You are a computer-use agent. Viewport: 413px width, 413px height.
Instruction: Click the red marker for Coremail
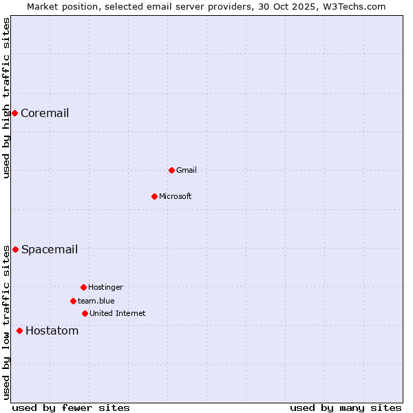click(14, 113)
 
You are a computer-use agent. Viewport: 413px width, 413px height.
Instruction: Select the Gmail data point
click(171, 170)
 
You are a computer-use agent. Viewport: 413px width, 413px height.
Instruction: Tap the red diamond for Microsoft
click(154, 196)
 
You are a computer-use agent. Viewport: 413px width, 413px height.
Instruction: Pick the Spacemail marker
click(15, 249)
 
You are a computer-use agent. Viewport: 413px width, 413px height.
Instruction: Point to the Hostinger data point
click(83, 287)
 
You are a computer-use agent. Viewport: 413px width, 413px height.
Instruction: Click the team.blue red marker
click(73, 301)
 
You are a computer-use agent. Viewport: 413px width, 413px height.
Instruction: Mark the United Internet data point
click(85, 313)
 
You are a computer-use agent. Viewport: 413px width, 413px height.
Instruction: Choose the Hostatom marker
click(19, 330)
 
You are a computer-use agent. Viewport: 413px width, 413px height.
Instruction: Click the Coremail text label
click(45, 113)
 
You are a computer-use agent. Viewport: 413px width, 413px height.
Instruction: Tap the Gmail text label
click(187, 170)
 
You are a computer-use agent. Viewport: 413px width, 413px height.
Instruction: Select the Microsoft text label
click(176, 196)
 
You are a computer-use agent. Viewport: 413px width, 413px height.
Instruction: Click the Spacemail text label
click(50, 249)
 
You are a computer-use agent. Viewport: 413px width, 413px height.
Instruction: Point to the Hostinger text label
click(105, 287)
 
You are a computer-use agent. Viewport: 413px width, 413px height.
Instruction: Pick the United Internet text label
click(118, 313)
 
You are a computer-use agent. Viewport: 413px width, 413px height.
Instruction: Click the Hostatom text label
click(52, 330)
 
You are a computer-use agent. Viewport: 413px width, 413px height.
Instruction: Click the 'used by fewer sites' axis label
click(71, 407)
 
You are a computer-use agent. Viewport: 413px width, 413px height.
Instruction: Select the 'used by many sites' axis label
click(346, 407)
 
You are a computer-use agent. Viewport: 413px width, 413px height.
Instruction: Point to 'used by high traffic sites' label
click(6, 98)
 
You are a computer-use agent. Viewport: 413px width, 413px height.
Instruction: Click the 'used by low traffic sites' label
click(6, 322)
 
